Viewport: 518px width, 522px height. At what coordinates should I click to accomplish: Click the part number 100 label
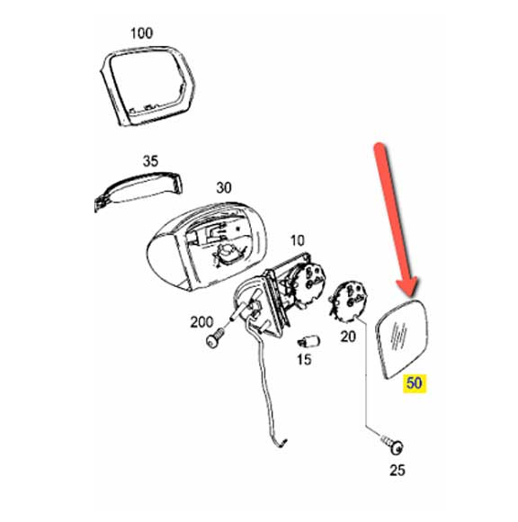tap(141, 33)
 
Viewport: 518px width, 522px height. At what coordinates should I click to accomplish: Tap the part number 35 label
tap(150, 161)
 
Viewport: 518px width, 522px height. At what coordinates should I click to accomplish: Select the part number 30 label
tap(224, 188)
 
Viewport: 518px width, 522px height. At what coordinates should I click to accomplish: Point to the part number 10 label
tap(297, 240)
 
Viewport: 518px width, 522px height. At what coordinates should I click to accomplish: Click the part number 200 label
tap(201, 322)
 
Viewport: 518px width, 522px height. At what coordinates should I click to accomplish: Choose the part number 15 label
tap(304, 359)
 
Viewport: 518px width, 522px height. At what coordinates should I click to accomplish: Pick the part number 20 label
tap(348, 337)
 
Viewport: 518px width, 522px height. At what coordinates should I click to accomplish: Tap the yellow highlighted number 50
tap(415, 382)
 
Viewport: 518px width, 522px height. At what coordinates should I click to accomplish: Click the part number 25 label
tap(397, 470)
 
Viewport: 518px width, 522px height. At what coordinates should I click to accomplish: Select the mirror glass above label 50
tap(402, 338)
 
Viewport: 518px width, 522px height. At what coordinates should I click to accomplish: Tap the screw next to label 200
tap(215, 337)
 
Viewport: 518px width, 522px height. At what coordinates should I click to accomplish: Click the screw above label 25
tap(393, 445)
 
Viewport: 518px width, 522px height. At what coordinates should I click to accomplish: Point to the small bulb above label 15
tap(308, 342)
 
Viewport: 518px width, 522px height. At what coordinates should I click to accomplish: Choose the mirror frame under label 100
tap(147, 85)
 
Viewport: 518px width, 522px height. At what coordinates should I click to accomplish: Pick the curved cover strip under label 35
tap(138, 191)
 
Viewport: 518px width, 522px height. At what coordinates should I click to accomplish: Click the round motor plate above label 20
tap(348, 301)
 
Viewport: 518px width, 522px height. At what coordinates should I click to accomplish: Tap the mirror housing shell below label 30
tap(206, 246)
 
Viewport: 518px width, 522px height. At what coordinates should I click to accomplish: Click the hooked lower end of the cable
tap(281, 443)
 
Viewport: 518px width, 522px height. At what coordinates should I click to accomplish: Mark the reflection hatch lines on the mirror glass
tap(399, 337)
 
